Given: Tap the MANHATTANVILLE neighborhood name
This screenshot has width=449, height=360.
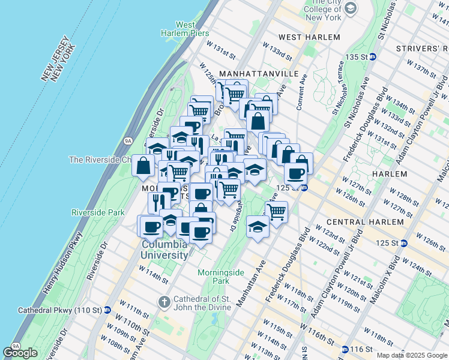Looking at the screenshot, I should [259, 73].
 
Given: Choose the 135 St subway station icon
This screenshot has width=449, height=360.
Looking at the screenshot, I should [373, 56].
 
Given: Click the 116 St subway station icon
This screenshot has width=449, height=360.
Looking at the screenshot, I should [345, 349].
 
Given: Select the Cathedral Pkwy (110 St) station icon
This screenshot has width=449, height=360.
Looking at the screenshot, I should [107, 310].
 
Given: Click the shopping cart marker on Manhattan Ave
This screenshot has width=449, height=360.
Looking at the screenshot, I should [276, 211].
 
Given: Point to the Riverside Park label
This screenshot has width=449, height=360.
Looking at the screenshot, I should [98, 212].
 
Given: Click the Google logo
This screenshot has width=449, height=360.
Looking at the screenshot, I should [20, 352].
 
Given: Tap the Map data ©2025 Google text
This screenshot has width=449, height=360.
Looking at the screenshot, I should [411, 355].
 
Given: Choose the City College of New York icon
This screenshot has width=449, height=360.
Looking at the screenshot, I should [350, 8].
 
